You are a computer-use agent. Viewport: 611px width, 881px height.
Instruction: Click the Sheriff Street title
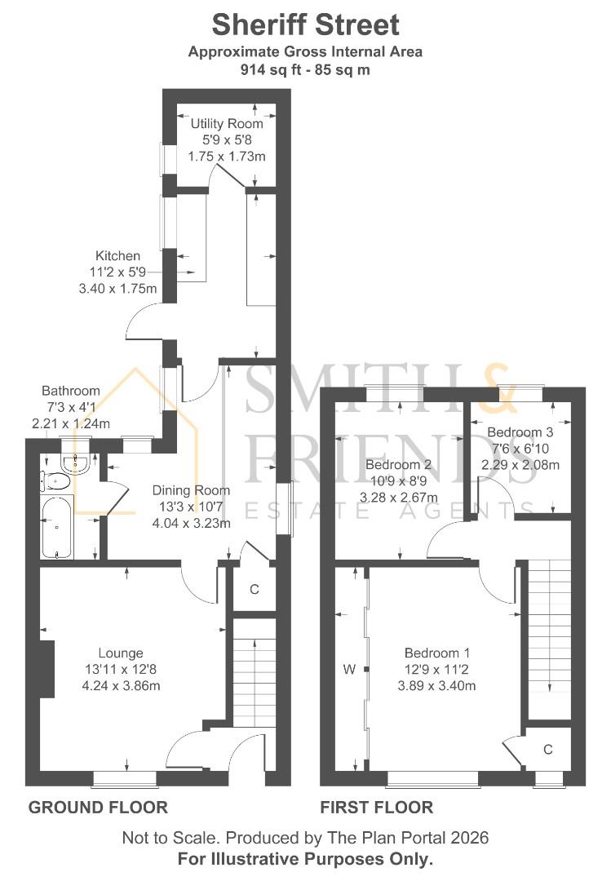[x=305, y=24]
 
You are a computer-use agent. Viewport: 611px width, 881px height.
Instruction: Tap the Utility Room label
[x=227, y=124]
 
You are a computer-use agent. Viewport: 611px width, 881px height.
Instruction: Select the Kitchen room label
[x=117, y=256]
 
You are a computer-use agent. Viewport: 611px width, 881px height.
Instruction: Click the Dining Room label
[x=191, y=491]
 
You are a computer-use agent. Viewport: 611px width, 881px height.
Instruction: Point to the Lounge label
[x=121, y=653]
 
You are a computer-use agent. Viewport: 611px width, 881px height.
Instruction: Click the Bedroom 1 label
[x=436, y=653]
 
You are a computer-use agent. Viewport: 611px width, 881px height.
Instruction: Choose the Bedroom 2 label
[x=398, y=466]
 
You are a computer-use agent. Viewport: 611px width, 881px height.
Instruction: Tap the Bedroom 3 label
[x=520, y=432]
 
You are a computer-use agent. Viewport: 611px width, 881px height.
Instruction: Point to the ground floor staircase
[x=250, y=661]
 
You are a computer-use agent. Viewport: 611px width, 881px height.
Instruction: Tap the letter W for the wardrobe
[x=349, y=670]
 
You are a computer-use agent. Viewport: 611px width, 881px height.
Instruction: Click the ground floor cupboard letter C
[x=255, y=588]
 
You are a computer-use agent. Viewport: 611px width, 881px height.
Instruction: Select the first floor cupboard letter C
[x=548, y=749]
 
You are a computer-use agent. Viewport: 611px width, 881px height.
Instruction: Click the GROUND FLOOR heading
[x=98, y=808]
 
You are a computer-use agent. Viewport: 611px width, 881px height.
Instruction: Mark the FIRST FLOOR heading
[x=376, y=808]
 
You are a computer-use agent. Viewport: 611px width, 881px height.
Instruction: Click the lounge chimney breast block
[x=46, y=669]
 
